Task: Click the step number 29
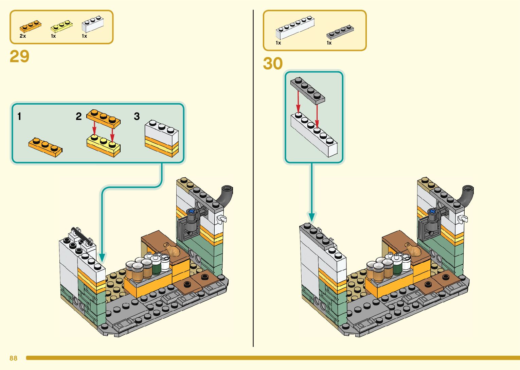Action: point(19,56)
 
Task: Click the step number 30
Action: point(273,64)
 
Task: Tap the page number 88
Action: point(13,358)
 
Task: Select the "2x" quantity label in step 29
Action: point(23,36)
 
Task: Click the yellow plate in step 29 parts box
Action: point(61,26)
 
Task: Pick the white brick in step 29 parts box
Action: point(92,24)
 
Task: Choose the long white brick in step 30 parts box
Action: point(294,28)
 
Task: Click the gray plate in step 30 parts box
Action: point(340,32)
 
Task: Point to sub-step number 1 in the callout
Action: point(19,117)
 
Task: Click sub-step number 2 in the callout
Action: point(78,117)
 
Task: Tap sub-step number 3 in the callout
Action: point(137,117)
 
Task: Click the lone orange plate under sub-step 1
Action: point(45,147)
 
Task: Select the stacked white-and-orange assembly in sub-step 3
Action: point(162,138)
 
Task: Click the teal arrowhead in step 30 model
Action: point(311,217)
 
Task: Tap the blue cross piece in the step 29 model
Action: point(192,211)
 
